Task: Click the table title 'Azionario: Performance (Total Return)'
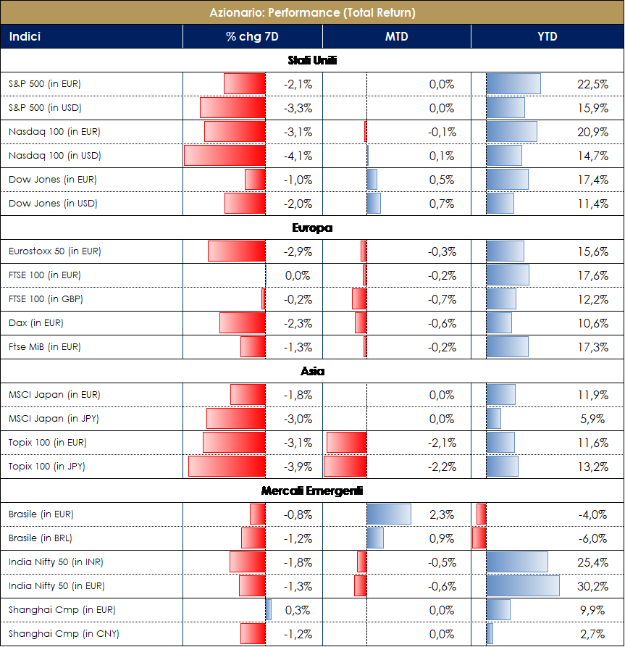312,12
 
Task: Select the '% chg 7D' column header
252,36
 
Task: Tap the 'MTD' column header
396,36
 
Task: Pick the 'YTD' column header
547,36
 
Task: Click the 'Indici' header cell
25,36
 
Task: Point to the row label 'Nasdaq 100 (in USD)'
54,156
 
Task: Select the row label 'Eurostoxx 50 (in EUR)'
55,251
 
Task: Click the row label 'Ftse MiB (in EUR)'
45,347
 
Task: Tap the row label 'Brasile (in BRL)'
41,538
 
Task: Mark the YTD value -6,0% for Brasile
593,538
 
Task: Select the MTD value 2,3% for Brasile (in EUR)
442,514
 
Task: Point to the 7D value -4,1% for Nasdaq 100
298,156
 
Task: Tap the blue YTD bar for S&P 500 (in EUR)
513,84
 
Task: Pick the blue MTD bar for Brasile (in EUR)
389,514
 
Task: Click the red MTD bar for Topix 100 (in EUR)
347,443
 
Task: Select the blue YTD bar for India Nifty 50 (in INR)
517,562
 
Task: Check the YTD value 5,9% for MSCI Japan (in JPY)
595,419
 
